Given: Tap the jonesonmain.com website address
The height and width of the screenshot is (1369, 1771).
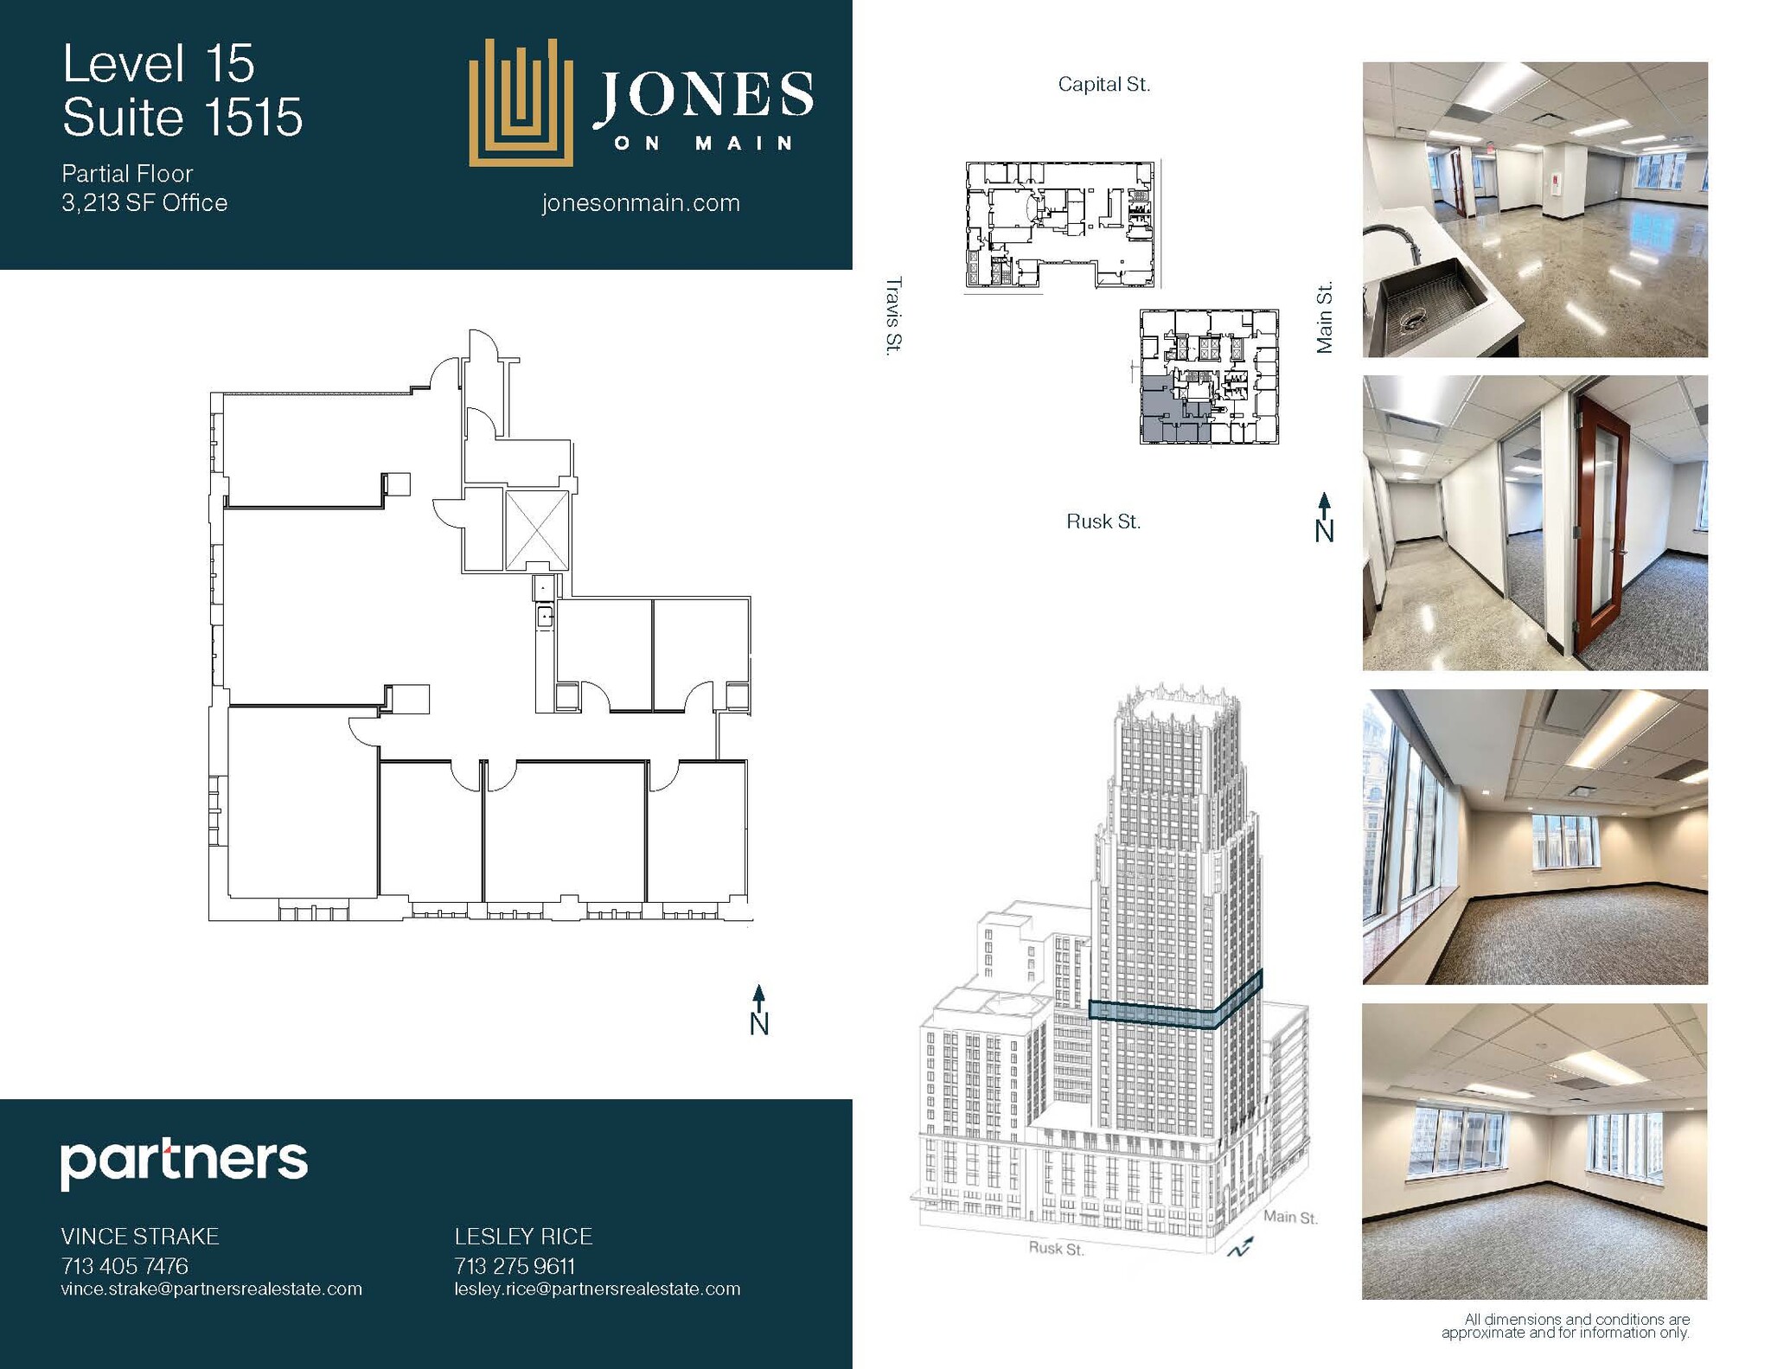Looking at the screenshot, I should coord(641,203).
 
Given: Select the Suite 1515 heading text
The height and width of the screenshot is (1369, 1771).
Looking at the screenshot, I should coord(182,118).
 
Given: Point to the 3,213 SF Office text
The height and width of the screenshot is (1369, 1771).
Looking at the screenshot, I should coord(144,203).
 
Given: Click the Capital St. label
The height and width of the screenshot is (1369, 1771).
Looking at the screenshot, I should coord(1103,85).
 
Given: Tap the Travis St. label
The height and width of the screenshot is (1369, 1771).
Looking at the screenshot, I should coord(893,315).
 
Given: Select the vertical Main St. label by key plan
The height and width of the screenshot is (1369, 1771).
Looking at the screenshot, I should coord(1324,317).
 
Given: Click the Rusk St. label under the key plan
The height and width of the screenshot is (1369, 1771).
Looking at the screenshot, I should coord(1103,521).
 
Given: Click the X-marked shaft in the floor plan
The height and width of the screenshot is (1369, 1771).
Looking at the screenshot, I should coord(536,531).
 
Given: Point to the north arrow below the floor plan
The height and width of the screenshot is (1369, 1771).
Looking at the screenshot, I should coord(758,1009).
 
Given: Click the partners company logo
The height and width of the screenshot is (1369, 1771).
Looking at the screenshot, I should coord(183,1162).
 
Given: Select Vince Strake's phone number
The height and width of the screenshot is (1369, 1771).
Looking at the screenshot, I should coord(125,1266).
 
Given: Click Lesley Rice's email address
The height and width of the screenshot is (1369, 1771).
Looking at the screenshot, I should coord(598,1289).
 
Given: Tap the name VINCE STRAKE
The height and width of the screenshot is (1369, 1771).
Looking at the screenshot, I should coord(140,1237).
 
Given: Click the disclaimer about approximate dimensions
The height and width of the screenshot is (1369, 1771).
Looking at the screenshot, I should coord(1565,1326).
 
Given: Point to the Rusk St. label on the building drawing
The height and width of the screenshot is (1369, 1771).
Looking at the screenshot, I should coord(1056,1249).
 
